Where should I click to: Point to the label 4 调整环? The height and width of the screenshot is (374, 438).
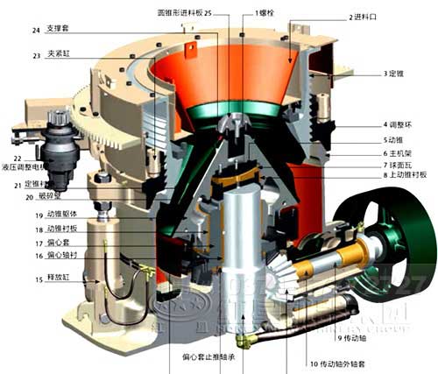pyautogui.click(x=399, y=124)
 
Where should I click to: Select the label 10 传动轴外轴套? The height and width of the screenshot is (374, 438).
pyautogui.click(x=343, y=363)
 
